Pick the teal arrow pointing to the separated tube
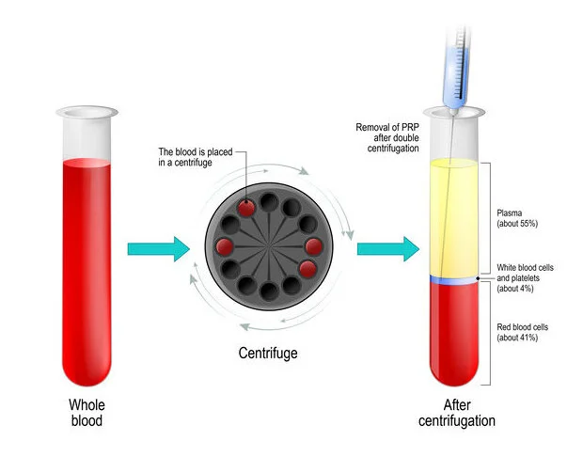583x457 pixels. [x=386, y=248]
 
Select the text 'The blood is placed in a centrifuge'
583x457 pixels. [x=193, y=158]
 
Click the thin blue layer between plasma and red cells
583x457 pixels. [x=454, y=280]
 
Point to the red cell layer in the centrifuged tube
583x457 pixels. [x=454, y=334]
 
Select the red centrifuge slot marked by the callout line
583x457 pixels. [x=247, y=208]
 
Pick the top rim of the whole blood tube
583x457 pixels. [x=87, y=112]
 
